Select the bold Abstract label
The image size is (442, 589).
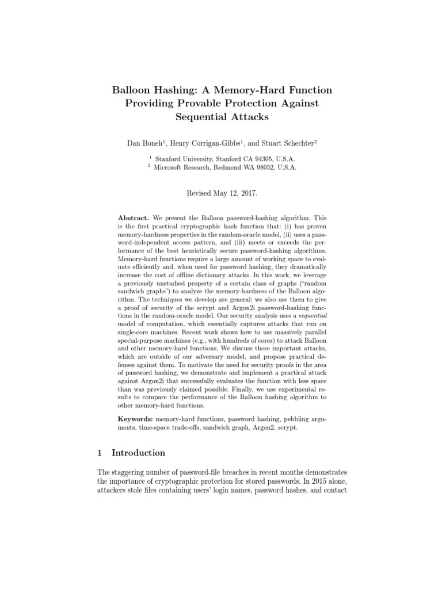click(134, 219)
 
